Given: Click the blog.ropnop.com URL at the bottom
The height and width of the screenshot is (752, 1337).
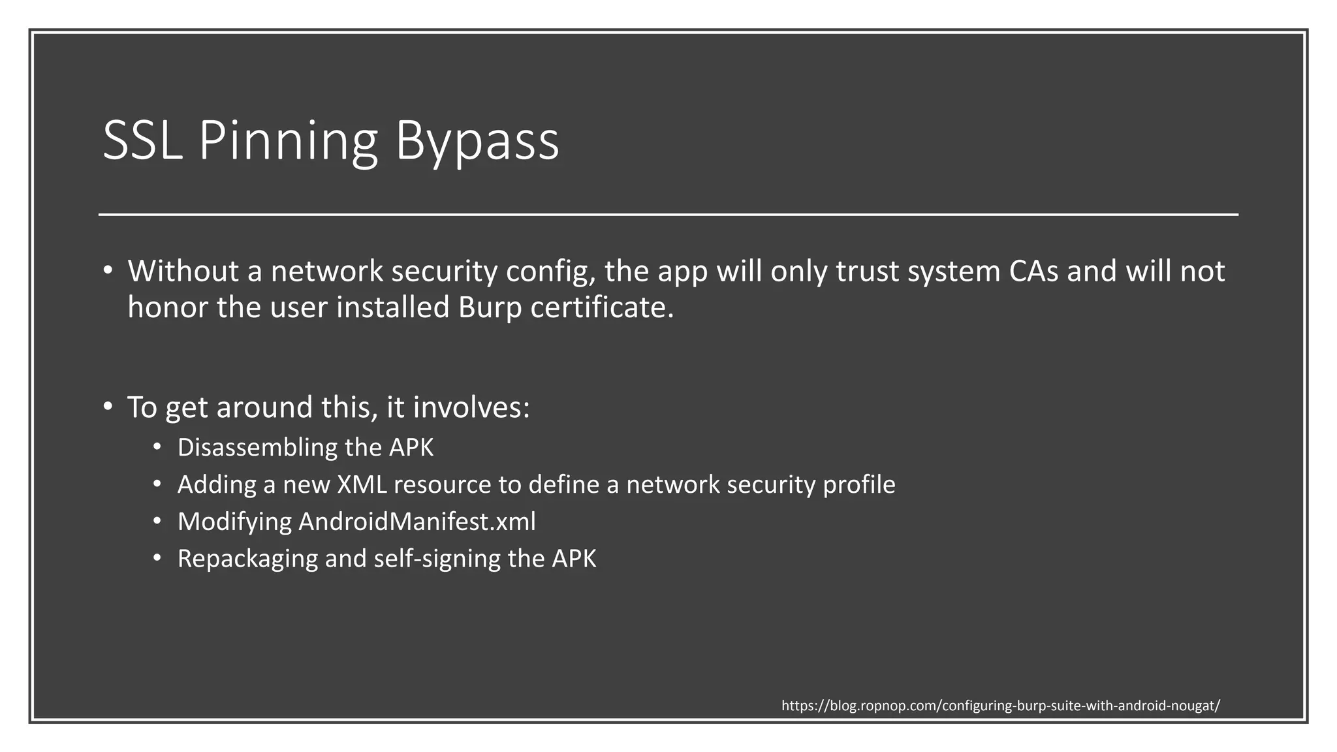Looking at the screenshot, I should (1000, 706).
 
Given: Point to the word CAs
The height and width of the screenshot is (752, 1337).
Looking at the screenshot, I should (1033, 271).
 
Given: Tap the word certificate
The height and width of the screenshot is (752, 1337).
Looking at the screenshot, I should (601, 307).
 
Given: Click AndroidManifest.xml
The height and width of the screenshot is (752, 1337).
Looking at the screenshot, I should (417, 522).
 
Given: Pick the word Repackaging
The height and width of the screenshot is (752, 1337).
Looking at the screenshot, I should (247, 559).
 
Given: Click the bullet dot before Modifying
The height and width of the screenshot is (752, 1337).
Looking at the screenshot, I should (157, 522).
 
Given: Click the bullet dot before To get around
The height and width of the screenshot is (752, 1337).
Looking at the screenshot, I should (108, 406).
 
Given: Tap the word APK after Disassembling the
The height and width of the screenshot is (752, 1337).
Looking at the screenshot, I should (411, 448).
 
